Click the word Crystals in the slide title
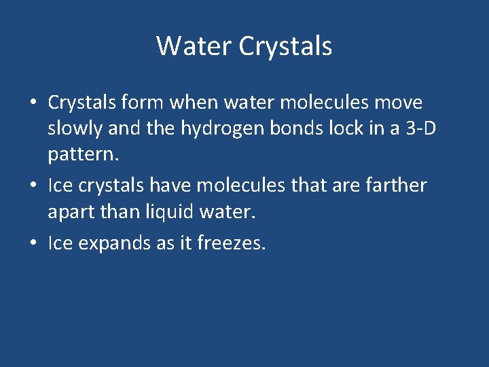tap(285, 46)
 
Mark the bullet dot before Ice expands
tap(33, 243)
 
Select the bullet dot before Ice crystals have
tap(33, 186)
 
